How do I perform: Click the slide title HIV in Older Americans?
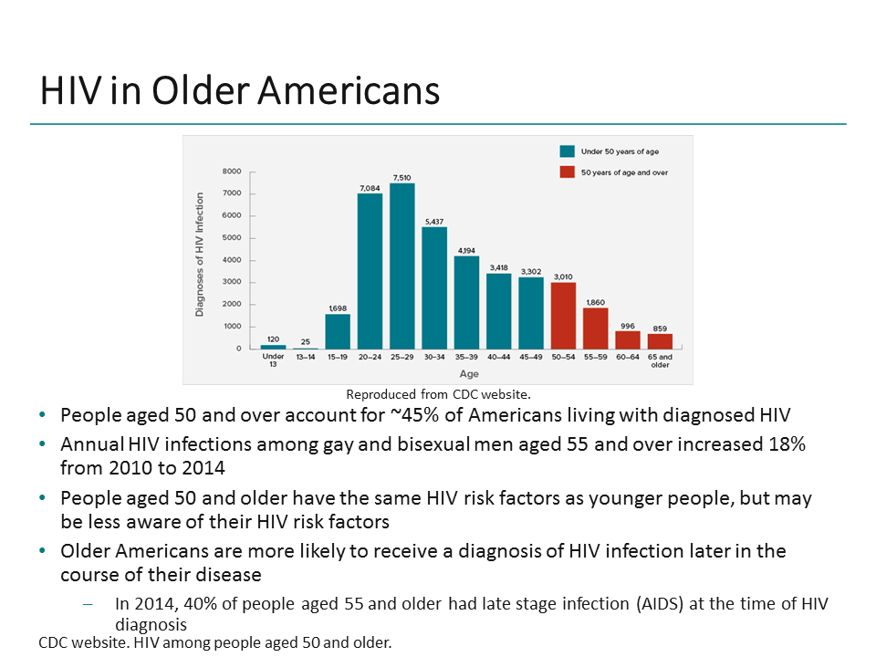click(x=239, y=91)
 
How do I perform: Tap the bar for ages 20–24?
click(x=370, y=271)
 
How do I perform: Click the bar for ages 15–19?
click(x=338, y=331)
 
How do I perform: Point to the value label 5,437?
click(x=434, y=221)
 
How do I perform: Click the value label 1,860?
click(x=596, y=301)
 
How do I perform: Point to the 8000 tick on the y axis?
click(x=232, y=172)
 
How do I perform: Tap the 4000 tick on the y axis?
click(x=232, y=260)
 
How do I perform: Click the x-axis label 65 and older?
click(x=660, y=361)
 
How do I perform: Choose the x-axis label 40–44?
click(x=499, y=358)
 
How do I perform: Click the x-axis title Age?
click(x=468, y=373)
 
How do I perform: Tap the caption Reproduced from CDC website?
click(x=438, y=395)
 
